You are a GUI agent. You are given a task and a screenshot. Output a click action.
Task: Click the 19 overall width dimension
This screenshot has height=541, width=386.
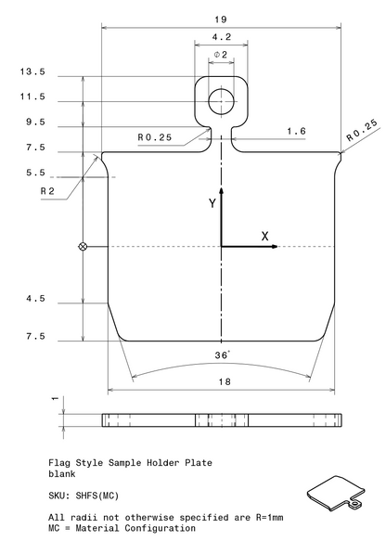(x=221, y=19)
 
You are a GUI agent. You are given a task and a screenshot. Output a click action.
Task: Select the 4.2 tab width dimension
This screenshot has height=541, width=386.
(x=221, y=37)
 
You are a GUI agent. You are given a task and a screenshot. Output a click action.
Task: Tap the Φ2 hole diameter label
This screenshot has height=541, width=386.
(x=221, y=55)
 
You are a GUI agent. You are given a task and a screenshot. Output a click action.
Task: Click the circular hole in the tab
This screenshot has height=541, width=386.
(x=221, y=101)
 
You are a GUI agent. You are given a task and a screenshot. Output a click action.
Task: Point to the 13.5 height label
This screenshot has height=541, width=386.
(x=32, y=71)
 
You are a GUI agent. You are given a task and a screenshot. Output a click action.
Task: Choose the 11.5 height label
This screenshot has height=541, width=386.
(x=32, y=97)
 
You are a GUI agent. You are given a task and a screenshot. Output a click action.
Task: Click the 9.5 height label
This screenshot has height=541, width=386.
(x=35, y=122)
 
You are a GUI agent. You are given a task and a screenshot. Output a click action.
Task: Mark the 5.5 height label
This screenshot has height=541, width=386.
(x=35, y=173)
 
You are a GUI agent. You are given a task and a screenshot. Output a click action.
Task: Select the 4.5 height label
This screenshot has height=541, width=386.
(x=35, y=299)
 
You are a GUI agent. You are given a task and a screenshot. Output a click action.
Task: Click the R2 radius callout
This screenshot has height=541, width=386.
(x=47, y=191)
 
